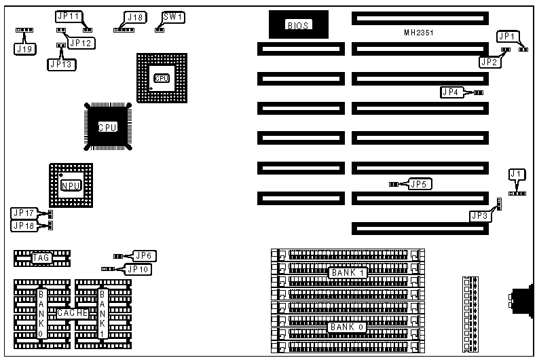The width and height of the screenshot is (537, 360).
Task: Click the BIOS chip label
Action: (298, 25)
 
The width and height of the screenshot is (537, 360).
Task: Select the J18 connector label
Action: (134, 17)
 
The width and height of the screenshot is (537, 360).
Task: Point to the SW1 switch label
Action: (172, 16)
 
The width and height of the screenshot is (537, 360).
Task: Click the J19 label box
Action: (24, 48)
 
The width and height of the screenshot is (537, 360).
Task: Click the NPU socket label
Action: (69, 185)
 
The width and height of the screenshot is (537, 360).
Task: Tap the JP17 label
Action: (24, 213)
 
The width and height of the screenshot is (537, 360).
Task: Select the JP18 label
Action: (24, 225)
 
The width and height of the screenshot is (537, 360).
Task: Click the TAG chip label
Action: (41, 257)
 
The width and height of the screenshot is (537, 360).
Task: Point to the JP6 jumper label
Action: (145, 255)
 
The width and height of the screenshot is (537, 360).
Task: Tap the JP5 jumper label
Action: (420, 183)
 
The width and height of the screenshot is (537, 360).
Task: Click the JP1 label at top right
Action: (508, 36)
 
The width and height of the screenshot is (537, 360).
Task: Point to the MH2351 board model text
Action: (418, 32)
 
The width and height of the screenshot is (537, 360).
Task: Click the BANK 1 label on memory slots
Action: (348, 272)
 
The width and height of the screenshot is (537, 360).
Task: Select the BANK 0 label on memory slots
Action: (348, 327)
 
